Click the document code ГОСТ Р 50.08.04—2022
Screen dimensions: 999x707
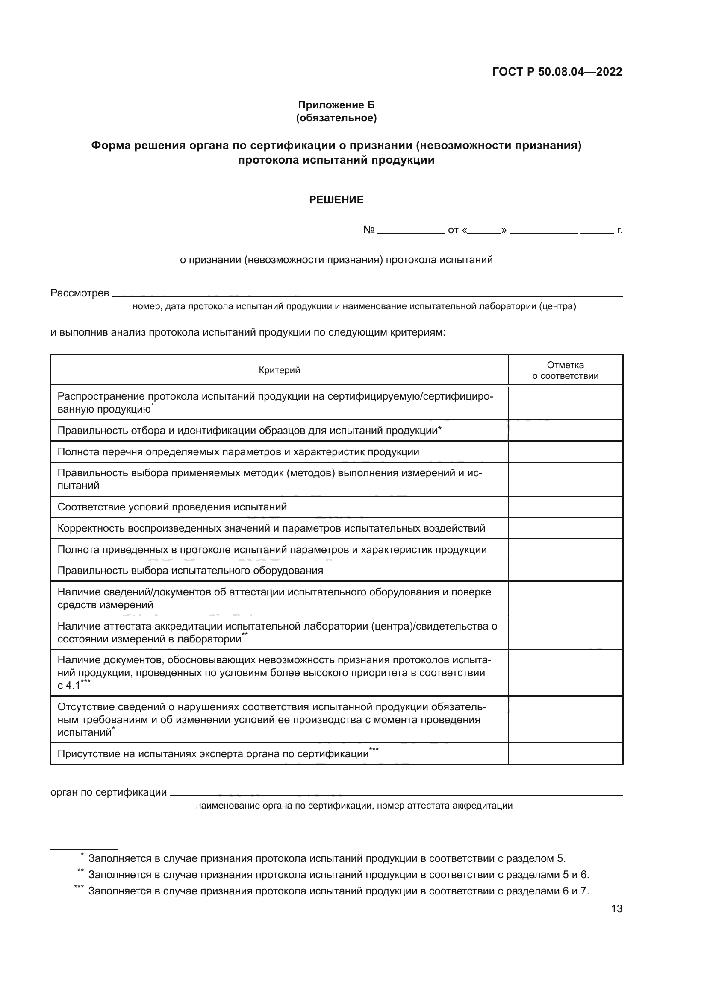[x=557, y=72]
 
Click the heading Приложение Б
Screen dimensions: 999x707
[x=336, y=105]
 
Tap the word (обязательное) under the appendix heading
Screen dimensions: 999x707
[x=336, y=118]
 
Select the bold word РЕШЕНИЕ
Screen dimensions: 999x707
[x=336, y=200]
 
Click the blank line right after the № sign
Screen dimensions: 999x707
[x=411, y=231]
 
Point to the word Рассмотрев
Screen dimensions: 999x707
[x=80, y=293]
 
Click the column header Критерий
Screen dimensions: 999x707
[x=279, y=370]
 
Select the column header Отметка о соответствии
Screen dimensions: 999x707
[x=565, y=370]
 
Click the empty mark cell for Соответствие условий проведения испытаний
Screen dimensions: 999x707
[x=565, y=507]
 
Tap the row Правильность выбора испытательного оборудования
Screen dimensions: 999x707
[x=190, y=571]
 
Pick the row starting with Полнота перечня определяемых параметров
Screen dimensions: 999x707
[x=238, y=451]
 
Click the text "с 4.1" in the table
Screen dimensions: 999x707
[x=69, y=686]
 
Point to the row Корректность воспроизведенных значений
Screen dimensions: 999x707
[x=271, y=528]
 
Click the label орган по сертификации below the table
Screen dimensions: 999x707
[x=109, y=792]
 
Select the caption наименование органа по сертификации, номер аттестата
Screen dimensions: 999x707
[x=354, y=806]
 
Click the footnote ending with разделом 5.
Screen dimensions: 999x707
[x=327, y=858]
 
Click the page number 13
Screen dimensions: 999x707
[x=616, y=909]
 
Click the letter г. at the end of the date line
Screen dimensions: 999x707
[x=619, y=231]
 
